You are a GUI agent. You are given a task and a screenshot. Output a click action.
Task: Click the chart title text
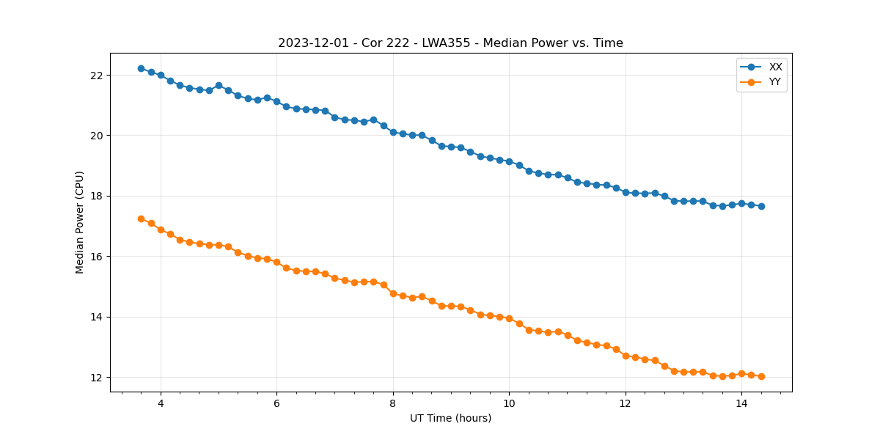click(450, 43)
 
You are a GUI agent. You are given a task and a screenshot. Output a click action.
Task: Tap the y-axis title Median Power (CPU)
click(80, 222)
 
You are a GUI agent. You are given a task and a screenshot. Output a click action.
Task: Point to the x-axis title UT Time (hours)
click(450, 418)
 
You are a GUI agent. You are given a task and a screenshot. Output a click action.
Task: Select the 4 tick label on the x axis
click(161, 403)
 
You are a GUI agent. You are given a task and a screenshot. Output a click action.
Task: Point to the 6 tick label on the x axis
click(276, 403)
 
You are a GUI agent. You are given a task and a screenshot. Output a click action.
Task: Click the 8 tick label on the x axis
click(393, 403)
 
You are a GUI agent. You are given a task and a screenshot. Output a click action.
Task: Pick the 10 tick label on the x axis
click(509, 403)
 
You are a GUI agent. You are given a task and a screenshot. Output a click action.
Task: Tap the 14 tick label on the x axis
click(741, 403)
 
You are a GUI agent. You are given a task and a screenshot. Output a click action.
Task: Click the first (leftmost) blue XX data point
click(141, 68)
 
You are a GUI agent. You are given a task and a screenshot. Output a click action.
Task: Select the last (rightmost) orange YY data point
click(761, 376)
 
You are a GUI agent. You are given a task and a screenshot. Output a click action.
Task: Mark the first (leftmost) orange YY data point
click(141, 219)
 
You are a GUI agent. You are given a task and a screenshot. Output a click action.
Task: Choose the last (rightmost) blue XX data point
click(761, 206)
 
